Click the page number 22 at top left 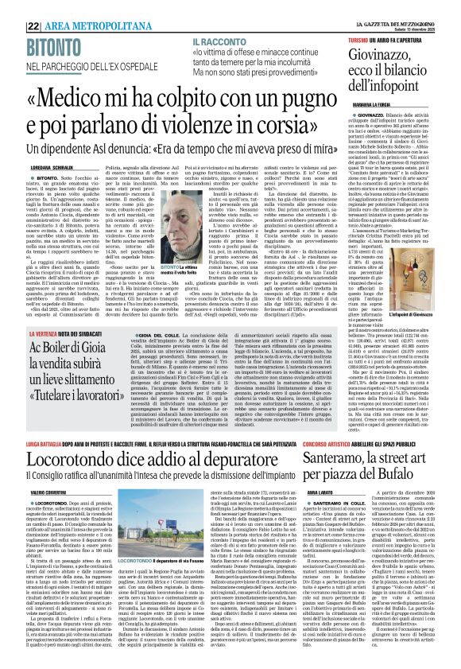pyautogui.click(x=13, y=7)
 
